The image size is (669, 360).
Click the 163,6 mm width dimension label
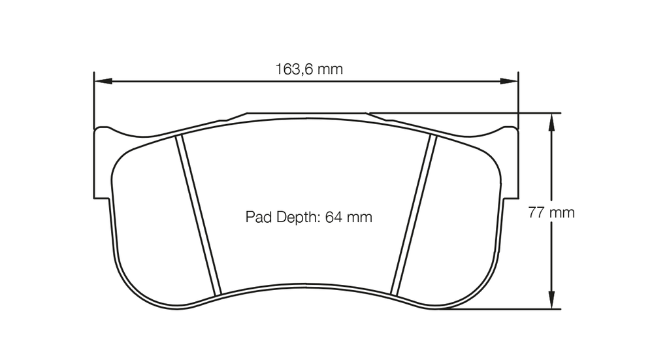click(x=309, y=69)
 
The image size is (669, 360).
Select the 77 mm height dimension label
click(x=551, y=212)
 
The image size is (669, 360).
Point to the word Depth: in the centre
click(x=296, y=218)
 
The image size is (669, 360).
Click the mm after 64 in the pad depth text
click(x=359, y=217)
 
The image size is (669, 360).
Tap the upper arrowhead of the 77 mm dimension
click(x=552, y=120)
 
